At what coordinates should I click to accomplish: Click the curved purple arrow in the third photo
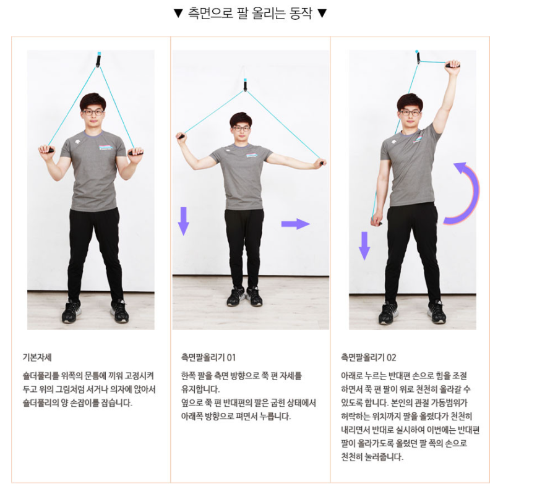pyautogui.click(x=475, y=192)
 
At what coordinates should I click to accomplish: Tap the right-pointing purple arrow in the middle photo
pyautogui.click(x=296, y=224)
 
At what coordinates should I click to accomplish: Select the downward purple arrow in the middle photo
pyautogui.click(x=184, y=221)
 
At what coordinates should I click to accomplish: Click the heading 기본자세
pyautogui.click(x=37, y=358)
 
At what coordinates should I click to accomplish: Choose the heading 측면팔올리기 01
pyautogui.click(x=208, y=358)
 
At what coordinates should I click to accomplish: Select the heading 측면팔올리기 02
pyautogui.click(x=369, y=358)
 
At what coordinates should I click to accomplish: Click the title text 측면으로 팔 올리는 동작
pyautogui.click(x=250, y=14)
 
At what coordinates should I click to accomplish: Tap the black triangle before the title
pyautogui.click(x=178, y=14)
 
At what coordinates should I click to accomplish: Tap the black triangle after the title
pyautogui.click(x=322, y=14)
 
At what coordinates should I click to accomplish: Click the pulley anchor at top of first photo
pyautogui.click(x=98, y=59)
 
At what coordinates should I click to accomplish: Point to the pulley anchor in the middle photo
pyautogui.click(x=245, y=85)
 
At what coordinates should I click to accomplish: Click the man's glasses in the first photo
pyautogui.click(x=93, y=112)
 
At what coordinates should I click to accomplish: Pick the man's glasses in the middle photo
pyautogui.click(x=241, y=129)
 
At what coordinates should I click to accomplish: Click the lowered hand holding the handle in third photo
pyautogui.click(x=377, y=220)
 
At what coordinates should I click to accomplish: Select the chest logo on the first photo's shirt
pyautogui.click(x=105, y=147)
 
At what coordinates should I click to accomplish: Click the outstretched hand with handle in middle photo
pyautogui.click(x=321, y=163)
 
